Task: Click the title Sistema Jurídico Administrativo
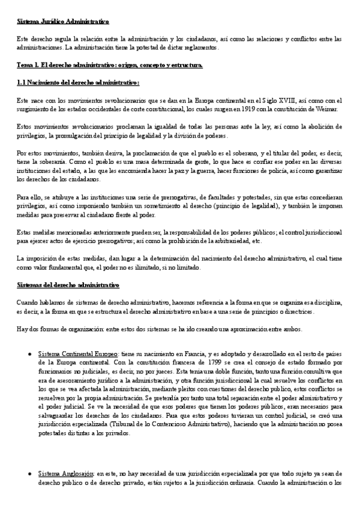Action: tap(63, 22)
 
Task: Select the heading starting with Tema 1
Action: tap(110, 64)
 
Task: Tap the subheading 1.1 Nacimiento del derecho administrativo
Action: tap(78, 82)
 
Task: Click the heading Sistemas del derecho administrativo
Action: tap(68, 285)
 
